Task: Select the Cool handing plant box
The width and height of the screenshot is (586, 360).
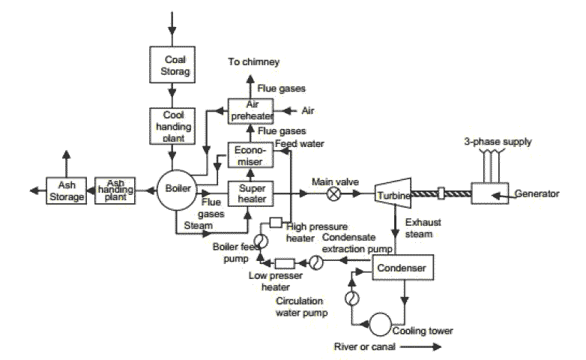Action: point(172,125)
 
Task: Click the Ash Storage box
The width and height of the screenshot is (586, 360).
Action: point(66,190)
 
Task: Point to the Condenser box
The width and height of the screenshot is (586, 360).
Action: point(402,268)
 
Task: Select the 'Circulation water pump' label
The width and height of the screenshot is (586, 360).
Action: point(300,307)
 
